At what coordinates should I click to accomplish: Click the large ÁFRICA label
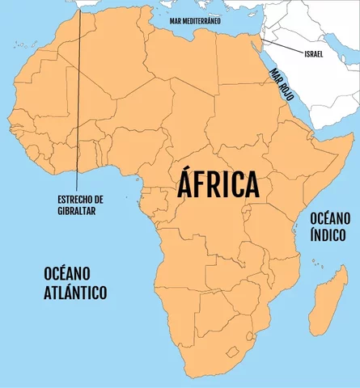218,184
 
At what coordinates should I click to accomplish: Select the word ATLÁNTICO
75,293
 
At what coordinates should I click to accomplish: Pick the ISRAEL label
313,54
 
